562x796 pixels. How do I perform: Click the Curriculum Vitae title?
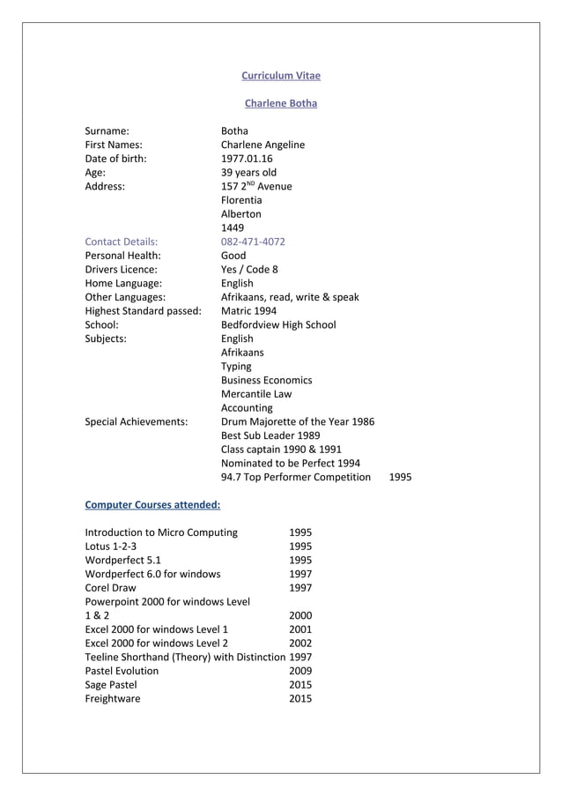click(x=281, y=76)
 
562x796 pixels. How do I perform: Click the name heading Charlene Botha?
click(x=281, y=104)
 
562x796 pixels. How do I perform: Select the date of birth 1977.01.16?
click(x=247, y=159)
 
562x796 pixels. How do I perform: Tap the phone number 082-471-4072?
click(x=253, y=242)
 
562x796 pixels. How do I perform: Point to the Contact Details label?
click(x=121, y=242)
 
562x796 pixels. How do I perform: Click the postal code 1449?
click(x=233, y=227)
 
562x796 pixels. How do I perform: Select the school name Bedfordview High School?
click(x=278, y=324)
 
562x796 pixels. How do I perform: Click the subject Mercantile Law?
click(x=256, y=394)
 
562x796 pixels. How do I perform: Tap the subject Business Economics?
click(x=266, y=380)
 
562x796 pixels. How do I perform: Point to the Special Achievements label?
click(x=136, y=421)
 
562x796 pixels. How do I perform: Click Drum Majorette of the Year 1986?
click(x=297, y=421)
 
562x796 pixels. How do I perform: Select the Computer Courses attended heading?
click(x=152, y=506)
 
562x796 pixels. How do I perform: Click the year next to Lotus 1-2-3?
click(x=300, y=547)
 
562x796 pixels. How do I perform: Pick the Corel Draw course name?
click(x=110, y=588)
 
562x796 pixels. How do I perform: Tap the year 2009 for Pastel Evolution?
click(x=300, y=671)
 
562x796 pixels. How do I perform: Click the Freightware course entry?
click(x=112, y=699)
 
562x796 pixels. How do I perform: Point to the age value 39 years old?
click(x=248, y=173)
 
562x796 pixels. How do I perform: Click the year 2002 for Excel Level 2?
click(x=300, y=643)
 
